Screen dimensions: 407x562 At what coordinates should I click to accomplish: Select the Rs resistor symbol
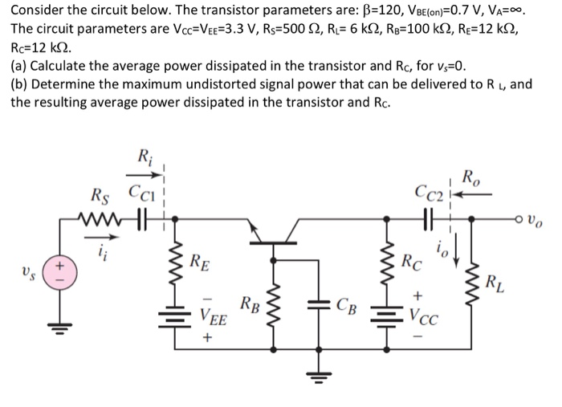click(x=98, y=218)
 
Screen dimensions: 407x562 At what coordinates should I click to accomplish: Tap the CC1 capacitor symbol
click(x=142, y=218)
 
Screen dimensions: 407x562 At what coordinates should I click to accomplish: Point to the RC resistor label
click(x=414, y=261)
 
